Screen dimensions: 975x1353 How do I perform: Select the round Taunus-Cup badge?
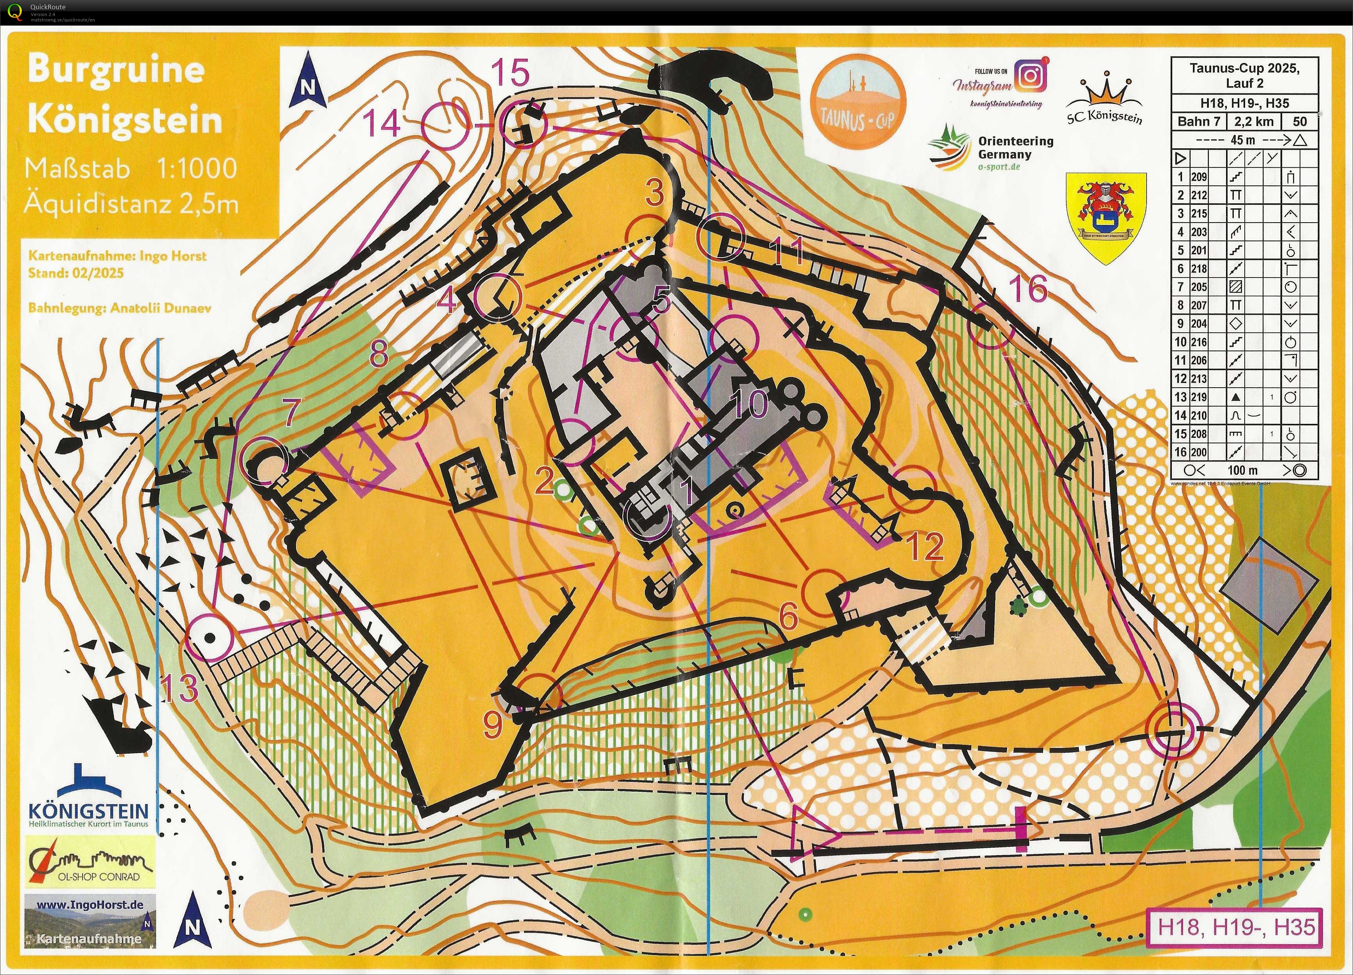pyautogui.click(x=858, y=100)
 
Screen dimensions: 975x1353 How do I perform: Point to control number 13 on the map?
pyautogui.click(x=180, y=688)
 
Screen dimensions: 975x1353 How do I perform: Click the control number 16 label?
pyautogui.click(x=1027, y=289)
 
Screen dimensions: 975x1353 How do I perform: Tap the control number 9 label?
pyautogui.click(x=493, y=725)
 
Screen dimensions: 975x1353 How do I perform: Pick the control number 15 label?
pyautogui.click(x=510, y=73)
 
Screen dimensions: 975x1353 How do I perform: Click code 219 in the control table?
pyautogui.click(x=1199, y=397)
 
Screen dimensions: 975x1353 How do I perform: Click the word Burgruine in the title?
pyautogui.click(x=116, y=69)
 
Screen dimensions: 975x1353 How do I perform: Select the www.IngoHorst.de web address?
pyautogui.click(x=90, y=905)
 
